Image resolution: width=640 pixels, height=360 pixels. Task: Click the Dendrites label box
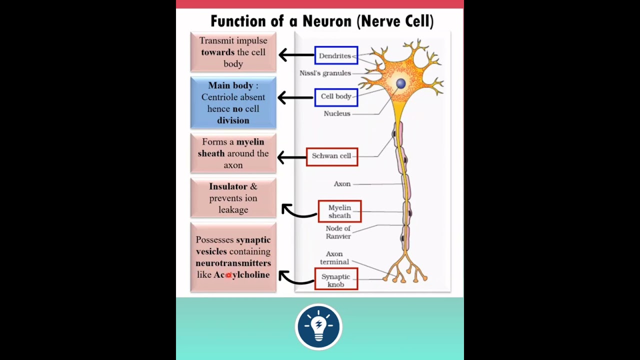336,55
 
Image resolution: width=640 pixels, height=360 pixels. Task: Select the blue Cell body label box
336,97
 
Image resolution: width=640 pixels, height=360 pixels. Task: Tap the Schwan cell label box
332,156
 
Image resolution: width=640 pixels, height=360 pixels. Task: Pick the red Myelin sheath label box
339,211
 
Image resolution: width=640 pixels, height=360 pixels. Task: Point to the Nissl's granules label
325,73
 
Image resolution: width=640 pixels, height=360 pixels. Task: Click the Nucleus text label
337,113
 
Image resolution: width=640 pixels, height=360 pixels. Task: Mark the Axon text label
342,184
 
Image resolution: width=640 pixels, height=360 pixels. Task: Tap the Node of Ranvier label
338,232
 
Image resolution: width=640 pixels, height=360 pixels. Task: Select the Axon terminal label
334,258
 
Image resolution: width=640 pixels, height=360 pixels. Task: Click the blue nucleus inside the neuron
401,83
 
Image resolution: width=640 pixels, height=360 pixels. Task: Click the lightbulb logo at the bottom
318,327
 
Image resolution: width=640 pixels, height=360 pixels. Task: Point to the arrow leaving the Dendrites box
296,55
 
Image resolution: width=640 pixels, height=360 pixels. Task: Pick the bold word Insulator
228,186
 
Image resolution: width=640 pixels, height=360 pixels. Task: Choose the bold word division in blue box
233,120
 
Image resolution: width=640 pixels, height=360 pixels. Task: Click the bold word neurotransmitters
233,263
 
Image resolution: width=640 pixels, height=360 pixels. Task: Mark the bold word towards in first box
217,52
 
